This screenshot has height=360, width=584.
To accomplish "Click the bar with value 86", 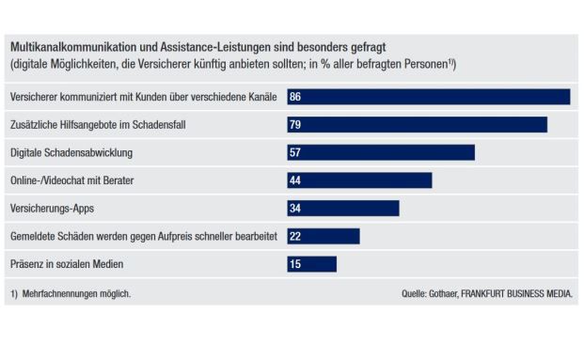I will point(429,97).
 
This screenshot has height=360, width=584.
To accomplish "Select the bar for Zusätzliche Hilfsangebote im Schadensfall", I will point(417,125).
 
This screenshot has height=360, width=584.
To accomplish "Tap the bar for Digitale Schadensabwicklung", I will point(381,152).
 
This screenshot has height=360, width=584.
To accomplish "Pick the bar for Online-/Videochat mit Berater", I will point(359,180).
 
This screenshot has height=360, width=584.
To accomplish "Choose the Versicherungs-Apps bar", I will point(343,208).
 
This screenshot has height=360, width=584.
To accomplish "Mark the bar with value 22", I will point(324,236).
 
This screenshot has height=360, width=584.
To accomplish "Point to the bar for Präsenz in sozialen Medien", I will point(311,264).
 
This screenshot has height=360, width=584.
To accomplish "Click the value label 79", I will point(295,125).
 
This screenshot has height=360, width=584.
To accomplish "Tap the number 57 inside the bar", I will point(295,152).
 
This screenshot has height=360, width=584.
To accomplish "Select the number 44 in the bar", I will point(295,180).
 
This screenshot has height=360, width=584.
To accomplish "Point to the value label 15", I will point(295,264).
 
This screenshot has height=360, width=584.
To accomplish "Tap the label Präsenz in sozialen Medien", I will point(67,264).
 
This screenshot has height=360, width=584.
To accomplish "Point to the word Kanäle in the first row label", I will point(260,97).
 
